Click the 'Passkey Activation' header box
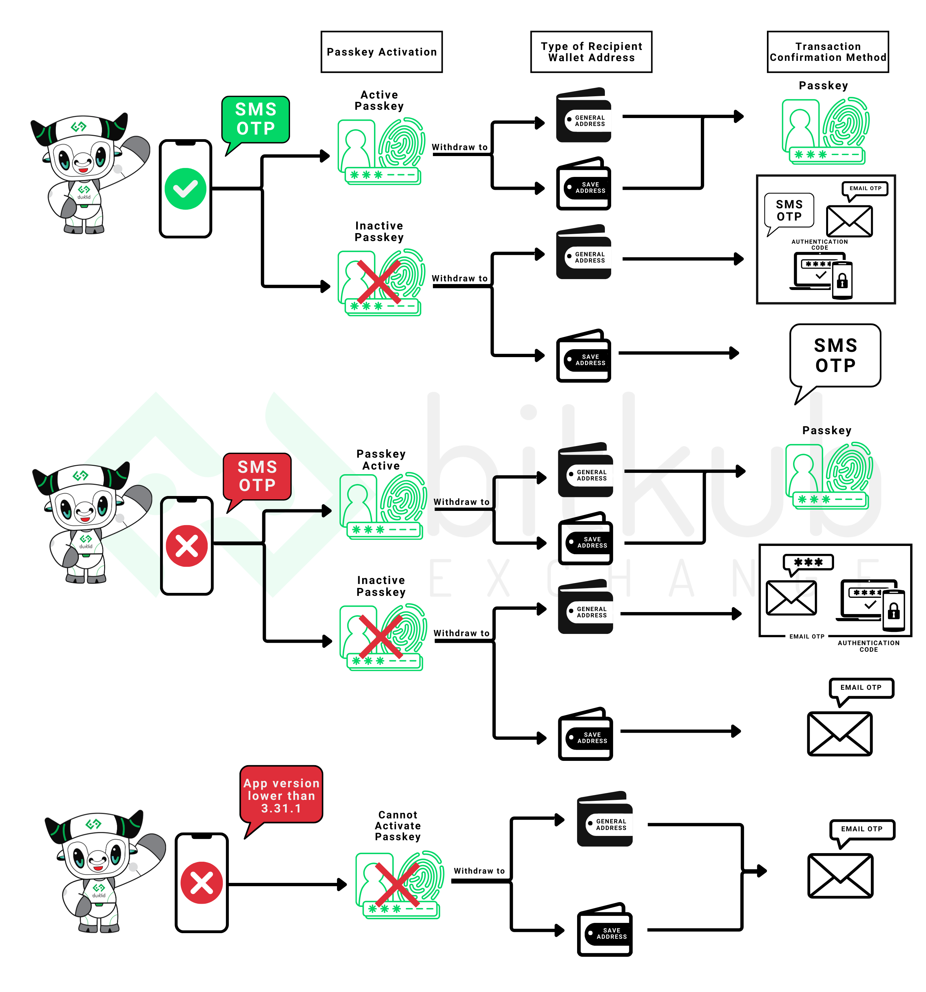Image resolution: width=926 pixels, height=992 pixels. point(381,52)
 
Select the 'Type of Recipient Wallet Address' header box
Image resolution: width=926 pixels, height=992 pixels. point(591,52)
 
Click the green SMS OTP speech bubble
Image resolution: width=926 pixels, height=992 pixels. point(256,119)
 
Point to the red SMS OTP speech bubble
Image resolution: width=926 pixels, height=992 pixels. point(257,476)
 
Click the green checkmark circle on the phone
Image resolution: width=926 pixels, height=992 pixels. point(185,188)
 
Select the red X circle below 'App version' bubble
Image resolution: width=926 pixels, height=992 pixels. point(201,883)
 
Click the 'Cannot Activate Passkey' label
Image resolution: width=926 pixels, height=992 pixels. point(398,825)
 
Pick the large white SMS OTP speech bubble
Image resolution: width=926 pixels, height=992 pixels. point(835,355)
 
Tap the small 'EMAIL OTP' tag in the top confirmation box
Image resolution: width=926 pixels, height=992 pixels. point(865,188)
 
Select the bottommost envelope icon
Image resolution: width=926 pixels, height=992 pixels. point(840,876)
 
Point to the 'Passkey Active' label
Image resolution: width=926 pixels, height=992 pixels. point(381,460)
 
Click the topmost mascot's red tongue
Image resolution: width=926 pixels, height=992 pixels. point(83,170)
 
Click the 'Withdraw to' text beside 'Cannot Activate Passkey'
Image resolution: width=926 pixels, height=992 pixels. point(479,871)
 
